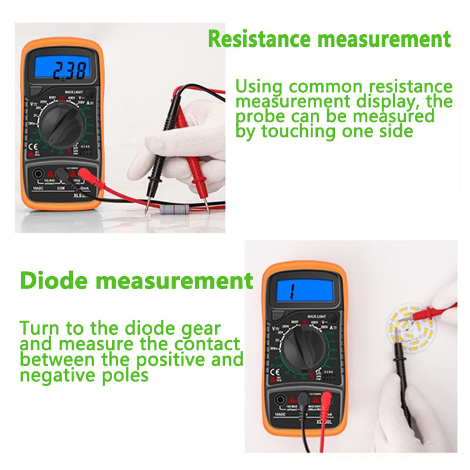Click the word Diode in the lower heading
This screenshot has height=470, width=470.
(x=55, y=280)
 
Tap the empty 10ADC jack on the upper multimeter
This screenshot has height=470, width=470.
(x=38, y=173)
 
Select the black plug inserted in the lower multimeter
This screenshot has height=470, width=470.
(x=302, y=399)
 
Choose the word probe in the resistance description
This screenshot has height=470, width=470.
(x=263, y=116)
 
